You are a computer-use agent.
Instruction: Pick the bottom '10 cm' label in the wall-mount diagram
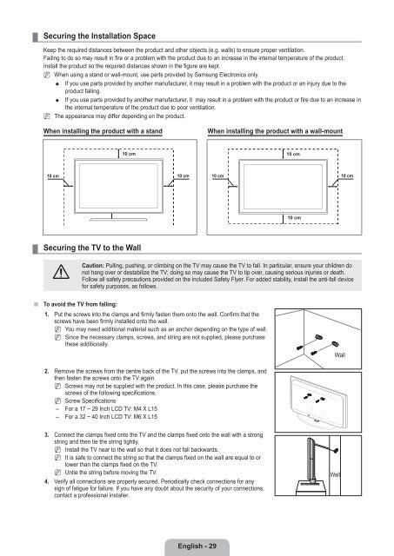point(293,217)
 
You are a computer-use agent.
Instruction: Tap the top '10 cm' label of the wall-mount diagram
point(293,154)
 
